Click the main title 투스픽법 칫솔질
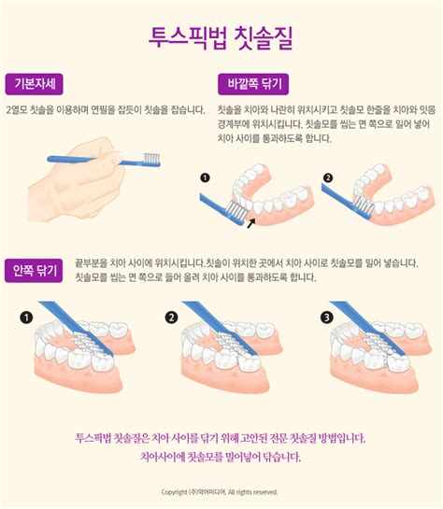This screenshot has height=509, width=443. [x=221, y=38]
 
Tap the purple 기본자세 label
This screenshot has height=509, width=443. [x=35, y=83]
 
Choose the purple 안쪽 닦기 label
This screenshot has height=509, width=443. [x=35, y=271]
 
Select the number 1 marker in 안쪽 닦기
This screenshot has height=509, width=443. [x=27, y=318]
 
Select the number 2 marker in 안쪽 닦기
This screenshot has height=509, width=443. [x=171, y=318]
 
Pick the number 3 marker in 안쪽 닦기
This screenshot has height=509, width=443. [x=325, y=318]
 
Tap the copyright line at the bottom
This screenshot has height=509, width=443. [x=221, y=492]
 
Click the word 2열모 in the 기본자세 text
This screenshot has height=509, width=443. [x=17, y=110]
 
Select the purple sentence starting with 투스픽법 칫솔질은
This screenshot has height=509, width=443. [x=221, y=437]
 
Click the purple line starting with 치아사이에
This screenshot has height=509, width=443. [x=221, y=458]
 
